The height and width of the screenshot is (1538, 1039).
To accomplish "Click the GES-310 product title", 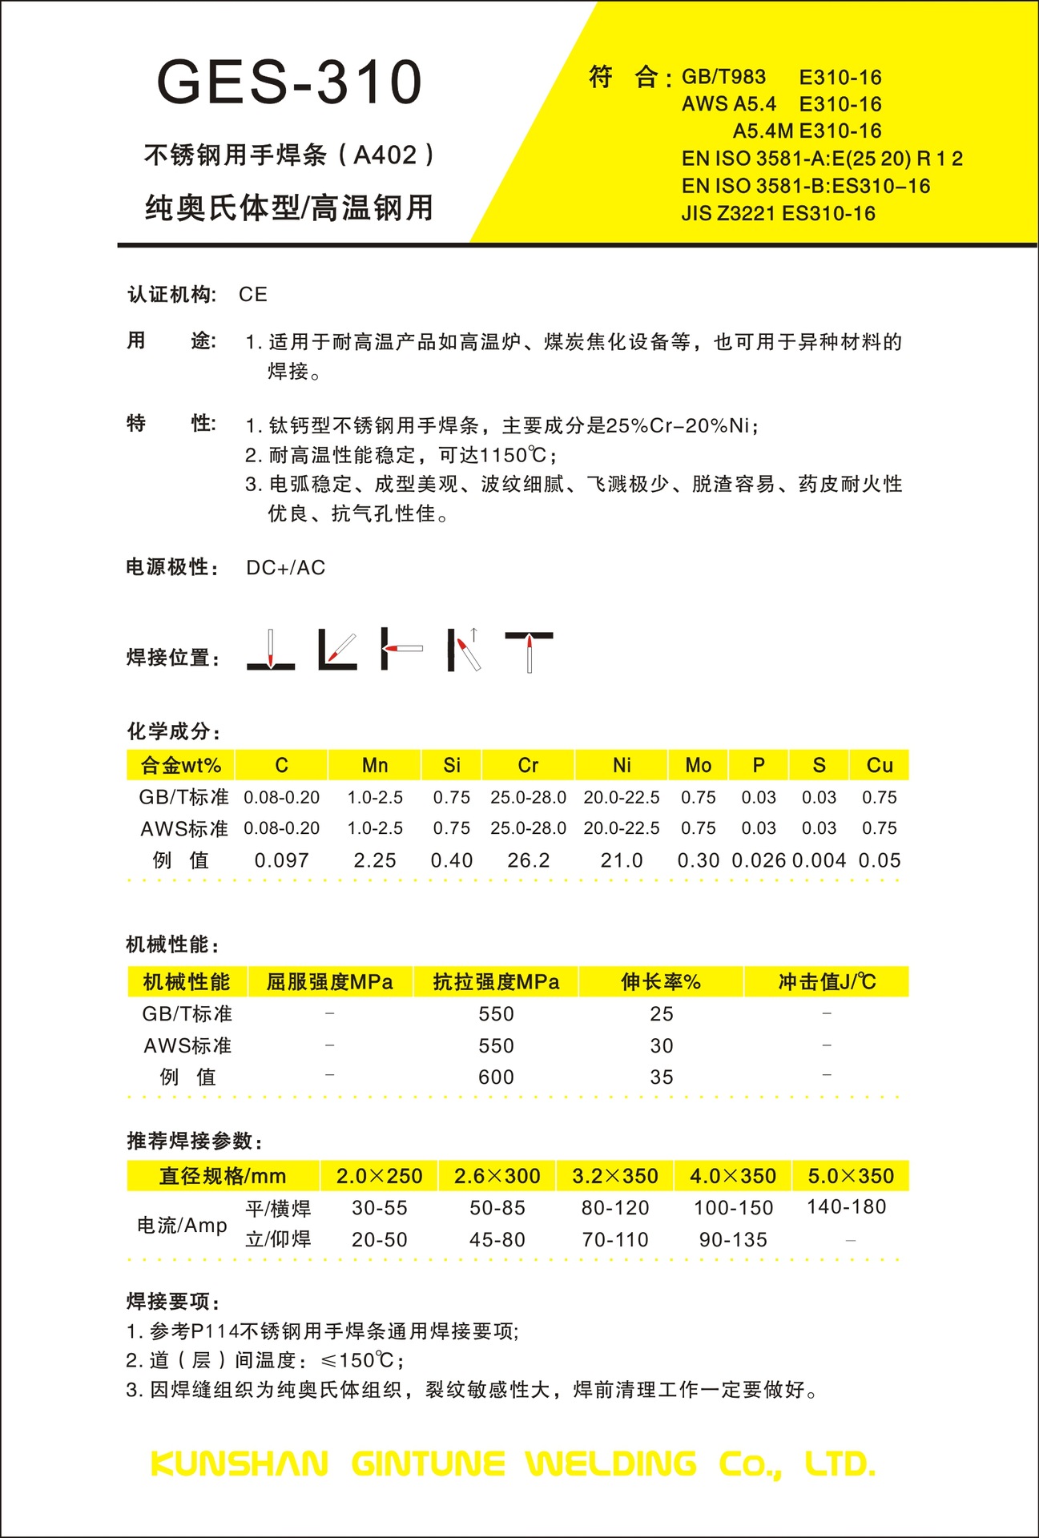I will pyautogui.click(x=289, y=82).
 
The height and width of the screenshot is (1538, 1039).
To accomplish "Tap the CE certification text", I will pyautogui.click(x=253, y=295).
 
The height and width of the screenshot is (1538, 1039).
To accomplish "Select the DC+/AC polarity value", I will pyautogui.click(x=286, y=568).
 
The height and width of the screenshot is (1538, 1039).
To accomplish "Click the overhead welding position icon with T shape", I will pyautogui.click(x=529, y=650).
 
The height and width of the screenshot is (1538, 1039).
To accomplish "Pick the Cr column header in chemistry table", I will pyautogui.click(x=528, y=766).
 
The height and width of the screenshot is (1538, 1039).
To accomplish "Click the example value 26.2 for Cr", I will pyautogui.click(x=529, y=860).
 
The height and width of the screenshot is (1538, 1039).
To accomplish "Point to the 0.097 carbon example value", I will pyautogui.click(x=281, y=860).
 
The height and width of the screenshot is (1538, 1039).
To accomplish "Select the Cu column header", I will pyautogui.click(x=880, y=766).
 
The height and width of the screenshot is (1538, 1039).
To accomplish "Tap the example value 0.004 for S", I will pyautogui.click(x=819, y=860).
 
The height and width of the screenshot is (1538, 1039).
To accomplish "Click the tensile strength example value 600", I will pyautogui.click(x=496, y=1077).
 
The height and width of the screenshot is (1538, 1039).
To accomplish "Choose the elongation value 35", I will pyautogui.click(x=662, y=1077).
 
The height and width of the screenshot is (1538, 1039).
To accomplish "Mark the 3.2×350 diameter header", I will pyautogui.click(x=615, y=1176).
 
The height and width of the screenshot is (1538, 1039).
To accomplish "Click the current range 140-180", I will pyautogui.click(x=847, y=1207).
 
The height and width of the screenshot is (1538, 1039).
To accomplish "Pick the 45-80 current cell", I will pyautogui.click(x=497, y=1240).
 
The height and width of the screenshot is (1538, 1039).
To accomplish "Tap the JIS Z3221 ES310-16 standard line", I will pyautogui.click(x=778, y=214).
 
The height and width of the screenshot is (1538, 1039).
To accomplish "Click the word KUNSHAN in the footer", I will pyautogui.click(x=240, y=1464).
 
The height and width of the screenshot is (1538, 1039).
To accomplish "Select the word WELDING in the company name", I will pyautogui.click(x=611, y=1464).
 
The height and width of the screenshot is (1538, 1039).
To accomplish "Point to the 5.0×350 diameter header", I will pyautogui.click(x=851, y=1176).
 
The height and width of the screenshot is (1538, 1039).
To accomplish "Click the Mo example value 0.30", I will pyautogui.click(x=699, y=860).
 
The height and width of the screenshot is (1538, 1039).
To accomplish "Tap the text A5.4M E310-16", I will pyautogui.click(x=807, y=131).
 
